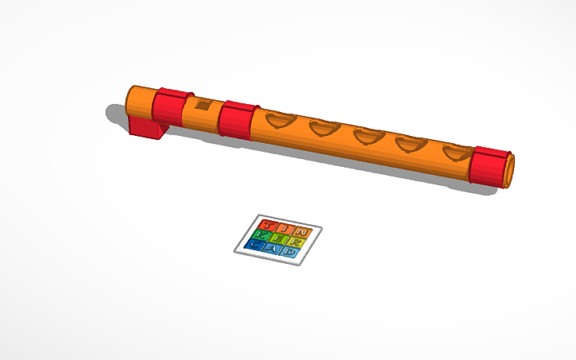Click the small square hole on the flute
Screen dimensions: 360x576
point(203,105)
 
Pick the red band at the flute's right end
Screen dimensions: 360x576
point(490,167)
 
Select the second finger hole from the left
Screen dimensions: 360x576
point(325,129)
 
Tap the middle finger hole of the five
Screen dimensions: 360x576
point(368,137)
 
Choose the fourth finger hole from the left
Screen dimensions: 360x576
point(412,145)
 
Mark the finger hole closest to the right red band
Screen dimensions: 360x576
point(456,152)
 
